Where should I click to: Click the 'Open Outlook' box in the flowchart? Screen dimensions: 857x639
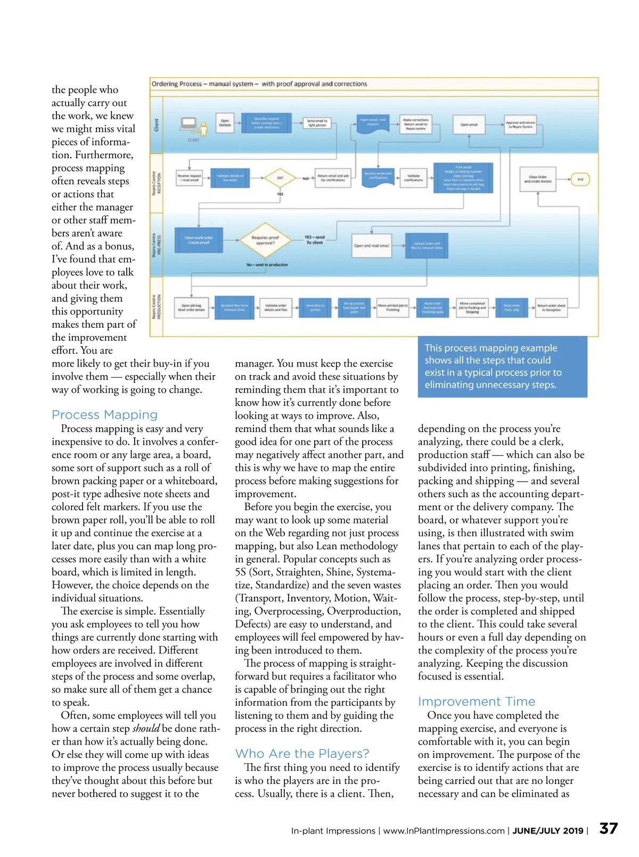point(225,123)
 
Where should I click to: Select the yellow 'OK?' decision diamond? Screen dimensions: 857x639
point(280,178)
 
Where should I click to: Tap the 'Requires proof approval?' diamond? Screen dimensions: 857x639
point(265,240)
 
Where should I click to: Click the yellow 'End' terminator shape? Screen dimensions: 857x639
point(580,179)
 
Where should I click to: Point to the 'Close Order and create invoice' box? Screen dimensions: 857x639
point(538,179)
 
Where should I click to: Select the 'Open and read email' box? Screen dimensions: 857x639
point(371,246)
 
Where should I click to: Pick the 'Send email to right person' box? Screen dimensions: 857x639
point(317,124)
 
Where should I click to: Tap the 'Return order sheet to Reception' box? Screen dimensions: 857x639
point(551,308)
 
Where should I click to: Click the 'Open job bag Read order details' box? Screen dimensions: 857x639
point(191,308)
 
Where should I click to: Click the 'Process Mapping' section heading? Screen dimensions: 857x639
point(104,415)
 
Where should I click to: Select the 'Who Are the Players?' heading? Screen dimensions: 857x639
point(302,754)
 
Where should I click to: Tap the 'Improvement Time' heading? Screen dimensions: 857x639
point(477,701)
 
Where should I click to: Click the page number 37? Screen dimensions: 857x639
point(608,828)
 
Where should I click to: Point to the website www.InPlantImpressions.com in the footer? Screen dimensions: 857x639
point(444,831)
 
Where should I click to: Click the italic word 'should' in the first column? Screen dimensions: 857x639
point(146,729)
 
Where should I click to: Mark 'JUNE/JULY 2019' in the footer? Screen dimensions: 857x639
point(547,831)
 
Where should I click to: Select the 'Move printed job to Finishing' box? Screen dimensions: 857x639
point(393,307)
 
